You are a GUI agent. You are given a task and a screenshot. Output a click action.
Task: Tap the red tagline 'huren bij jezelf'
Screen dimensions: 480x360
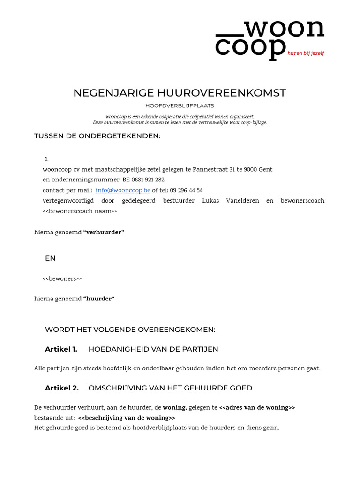click(306, 53)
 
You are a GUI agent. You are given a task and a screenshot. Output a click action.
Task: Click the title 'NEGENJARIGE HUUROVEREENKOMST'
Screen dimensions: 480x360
click(180, 93)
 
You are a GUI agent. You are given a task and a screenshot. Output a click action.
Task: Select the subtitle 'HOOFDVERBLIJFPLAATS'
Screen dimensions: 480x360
click(180, 106)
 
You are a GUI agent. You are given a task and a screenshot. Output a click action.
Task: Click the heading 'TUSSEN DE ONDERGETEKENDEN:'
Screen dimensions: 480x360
click(97, 136)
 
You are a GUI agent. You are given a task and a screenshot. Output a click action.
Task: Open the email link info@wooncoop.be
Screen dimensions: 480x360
click(123, 190)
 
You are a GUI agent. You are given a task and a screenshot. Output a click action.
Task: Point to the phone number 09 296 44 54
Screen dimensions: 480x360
click(186, 190)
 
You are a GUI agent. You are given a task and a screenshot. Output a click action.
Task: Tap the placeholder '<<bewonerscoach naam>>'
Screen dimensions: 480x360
click(80, 211)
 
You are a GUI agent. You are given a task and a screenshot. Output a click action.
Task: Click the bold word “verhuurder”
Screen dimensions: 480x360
click(104, 232)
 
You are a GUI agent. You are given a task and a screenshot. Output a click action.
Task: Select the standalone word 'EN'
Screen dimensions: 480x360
click(50, 258)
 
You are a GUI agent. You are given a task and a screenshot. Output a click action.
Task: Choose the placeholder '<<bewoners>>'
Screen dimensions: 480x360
click(62, 279)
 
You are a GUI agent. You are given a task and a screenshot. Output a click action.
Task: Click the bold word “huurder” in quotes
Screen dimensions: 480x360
click(98, 299)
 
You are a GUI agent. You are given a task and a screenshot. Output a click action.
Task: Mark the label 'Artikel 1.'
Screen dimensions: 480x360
click(61, 349)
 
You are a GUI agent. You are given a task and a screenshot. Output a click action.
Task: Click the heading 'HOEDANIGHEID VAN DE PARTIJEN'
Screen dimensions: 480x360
click(153, 349)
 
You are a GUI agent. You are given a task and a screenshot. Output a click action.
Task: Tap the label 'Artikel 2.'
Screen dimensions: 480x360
click(61, 388)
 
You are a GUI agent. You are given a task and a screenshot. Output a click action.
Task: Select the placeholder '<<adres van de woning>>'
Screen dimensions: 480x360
click(257, 408)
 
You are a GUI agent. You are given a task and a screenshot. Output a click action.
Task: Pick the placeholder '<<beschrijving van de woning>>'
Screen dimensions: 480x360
click(127, 418)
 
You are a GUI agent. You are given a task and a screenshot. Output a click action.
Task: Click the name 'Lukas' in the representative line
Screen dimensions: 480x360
click(210, 201)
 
